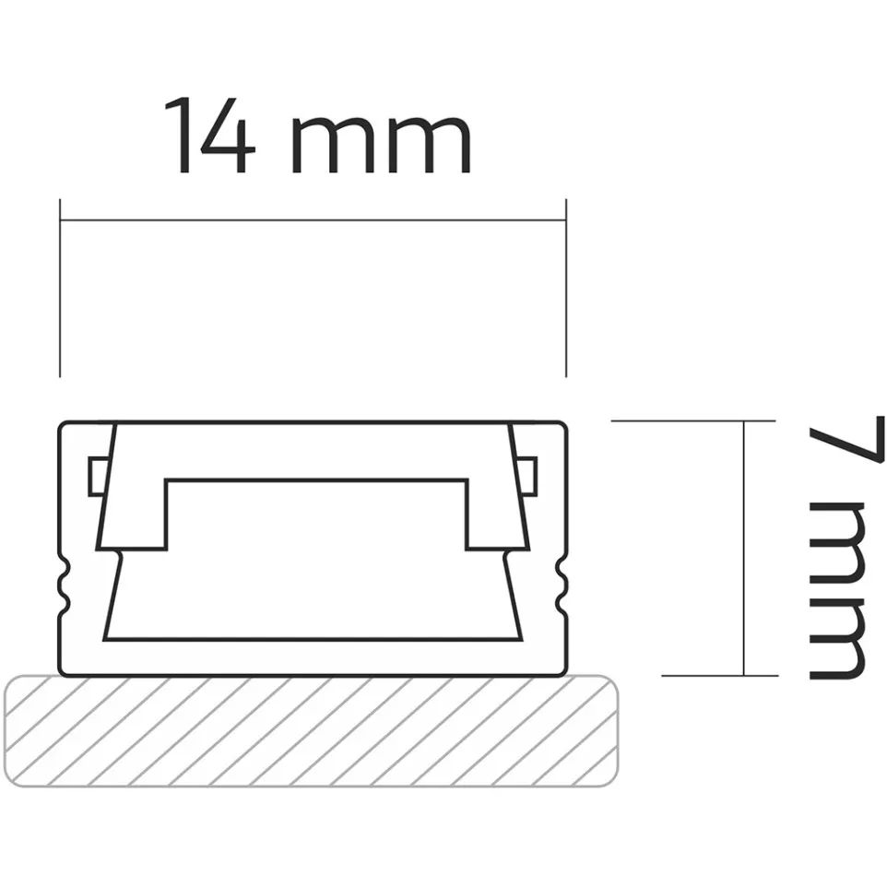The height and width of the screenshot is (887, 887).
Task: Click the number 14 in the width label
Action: coord(209,136)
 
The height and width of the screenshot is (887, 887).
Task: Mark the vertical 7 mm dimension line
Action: coord(744,548)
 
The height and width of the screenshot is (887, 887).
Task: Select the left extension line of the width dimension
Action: coord(60,287)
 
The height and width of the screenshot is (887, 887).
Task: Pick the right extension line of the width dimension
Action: coord(564,287)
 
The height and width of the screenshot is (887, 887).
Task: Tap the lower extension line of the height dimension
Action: coord(719,675)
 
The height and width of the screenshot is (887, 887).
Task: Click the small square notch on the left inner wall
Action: coord(96,475)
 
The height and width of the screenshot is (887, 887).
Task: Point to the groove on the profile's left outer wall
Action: coord(65,585)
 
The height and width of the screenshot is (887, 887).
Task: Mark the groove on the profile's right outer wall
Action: coord(561,585)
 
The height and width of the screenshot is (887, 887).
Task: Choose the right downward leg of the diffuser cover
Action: coord(493,516)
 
